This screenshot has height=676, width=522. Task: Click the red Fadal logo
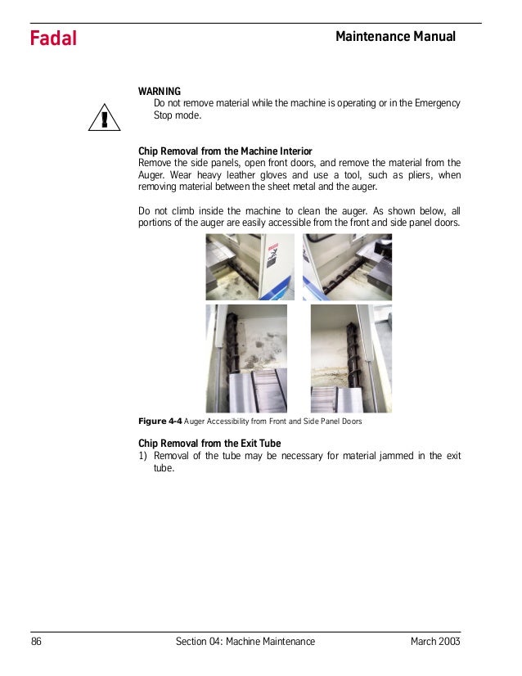pyautogui.click(x=53, y=38)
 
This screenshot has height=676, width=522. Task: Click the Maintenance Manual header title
pyautogui.click(x=395, y=37)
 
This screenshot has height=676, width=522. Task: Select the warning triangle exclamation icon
pyautogui.click(x=104, y=119)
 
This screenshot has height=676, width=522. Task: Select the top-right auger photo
pyautogui.click(x=347, y=267)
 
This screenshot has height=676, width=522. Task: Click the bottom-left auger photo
pyautogui.click(x=246, y=358)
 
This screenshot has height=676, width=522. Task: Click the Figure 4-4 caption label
pyautogui.click(x=160, y=422)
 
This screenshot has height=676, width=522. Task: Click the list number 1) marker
pyautogui.click(x=144, y=457)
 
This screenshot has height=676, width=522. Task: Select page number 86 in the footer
pyautogui.click(x=37, y=641)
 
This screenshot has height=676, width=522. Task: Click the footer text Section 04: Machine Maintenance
pyautogui.click(x=245, y=641)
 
